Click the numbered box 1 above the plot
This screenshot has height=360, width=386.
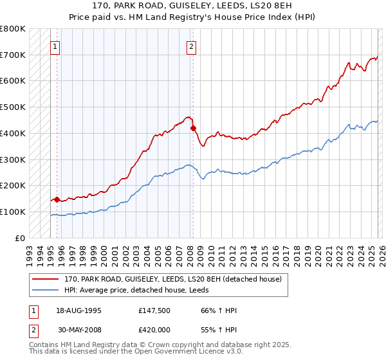click(56, 46)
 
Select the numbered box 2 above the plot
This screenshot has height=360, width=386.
click(192, 46)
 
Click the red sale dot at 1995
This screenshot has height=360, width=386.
click(57, 199)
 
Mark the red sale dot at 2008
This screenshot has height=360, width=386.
click(193, 128)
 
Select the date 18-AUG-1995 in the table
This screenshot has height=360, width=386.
click(79, 311)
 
